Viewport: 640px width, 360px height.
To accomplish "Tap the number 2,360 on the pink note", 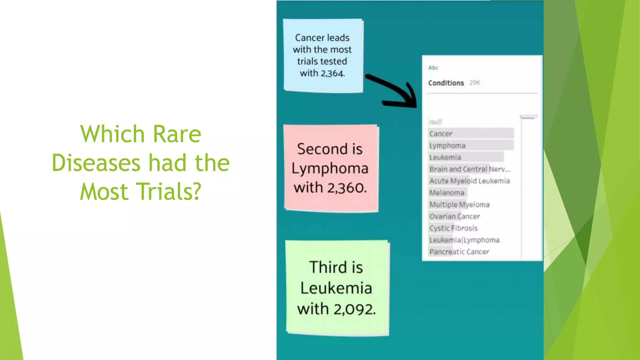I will (347, 188).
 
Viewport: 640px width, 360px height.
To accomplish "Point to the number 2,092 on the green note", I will (354, 309).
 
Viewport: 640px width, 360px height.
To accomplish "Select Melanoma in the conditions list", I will (447, 193).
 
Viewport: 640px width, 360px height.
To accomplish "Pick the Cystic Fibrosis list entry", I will (453, 228).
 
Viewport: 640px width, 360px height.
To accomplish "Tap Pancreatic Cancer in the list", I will (459, 252).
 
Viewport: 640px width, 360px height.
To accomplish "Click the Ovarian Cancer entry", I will (454, 216).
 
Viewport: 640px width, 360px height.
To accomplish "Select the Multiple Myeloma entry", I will (459, 205).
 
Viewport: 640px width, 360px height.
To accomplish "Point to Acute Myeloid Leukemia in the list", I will (469, 181).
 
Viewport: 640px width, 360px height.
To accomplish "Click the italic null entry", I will (436, 122).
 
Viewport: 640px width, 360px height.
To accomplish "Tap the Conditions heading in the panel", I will (446, 83).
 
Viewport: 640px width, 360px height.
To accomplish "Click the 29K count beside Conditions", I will (475, 83).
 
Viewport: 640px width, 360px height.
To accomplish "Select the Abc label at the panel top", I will (433, 68).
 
